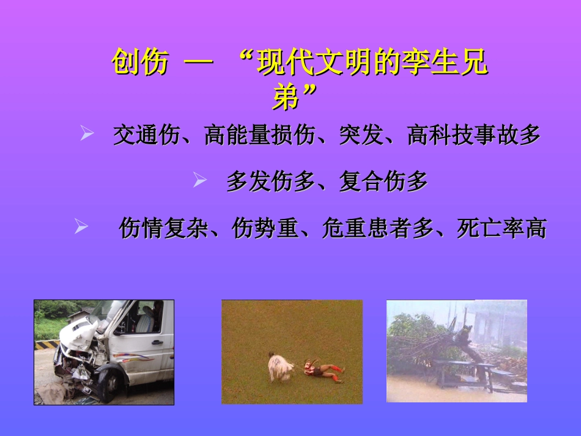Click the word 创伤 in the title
[140, 62]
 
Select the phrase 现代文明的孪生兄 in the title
[373, 62]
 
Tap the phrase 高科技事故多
[474, 135]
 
